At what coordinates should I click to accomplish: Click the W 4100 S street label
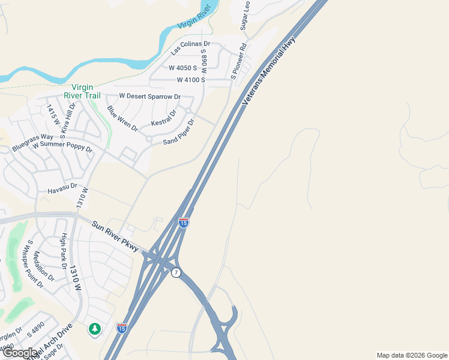(x=191, y=80)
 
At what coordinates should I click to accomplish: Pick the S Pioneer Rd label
(x=239, y=61)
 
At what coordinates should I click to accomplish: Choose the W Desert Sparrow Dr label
(x=149, y=96)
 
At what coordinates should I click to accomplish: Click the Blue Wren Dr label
(x=122, y=119)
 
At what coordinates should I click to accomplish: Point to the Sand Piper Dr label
(x=179, y=132)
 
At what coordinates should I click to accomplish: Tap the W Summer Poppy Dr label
(x=62, y=146)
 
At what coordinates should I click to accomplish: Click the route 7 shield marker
(x=176, y=272)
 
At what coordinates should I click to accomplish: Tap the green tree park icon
(x=95, y=329)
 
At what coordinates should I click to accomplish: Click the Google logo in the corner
(x=20, y=353)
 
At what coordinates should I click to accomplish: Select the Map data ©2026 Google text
(x=411, y=355)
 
